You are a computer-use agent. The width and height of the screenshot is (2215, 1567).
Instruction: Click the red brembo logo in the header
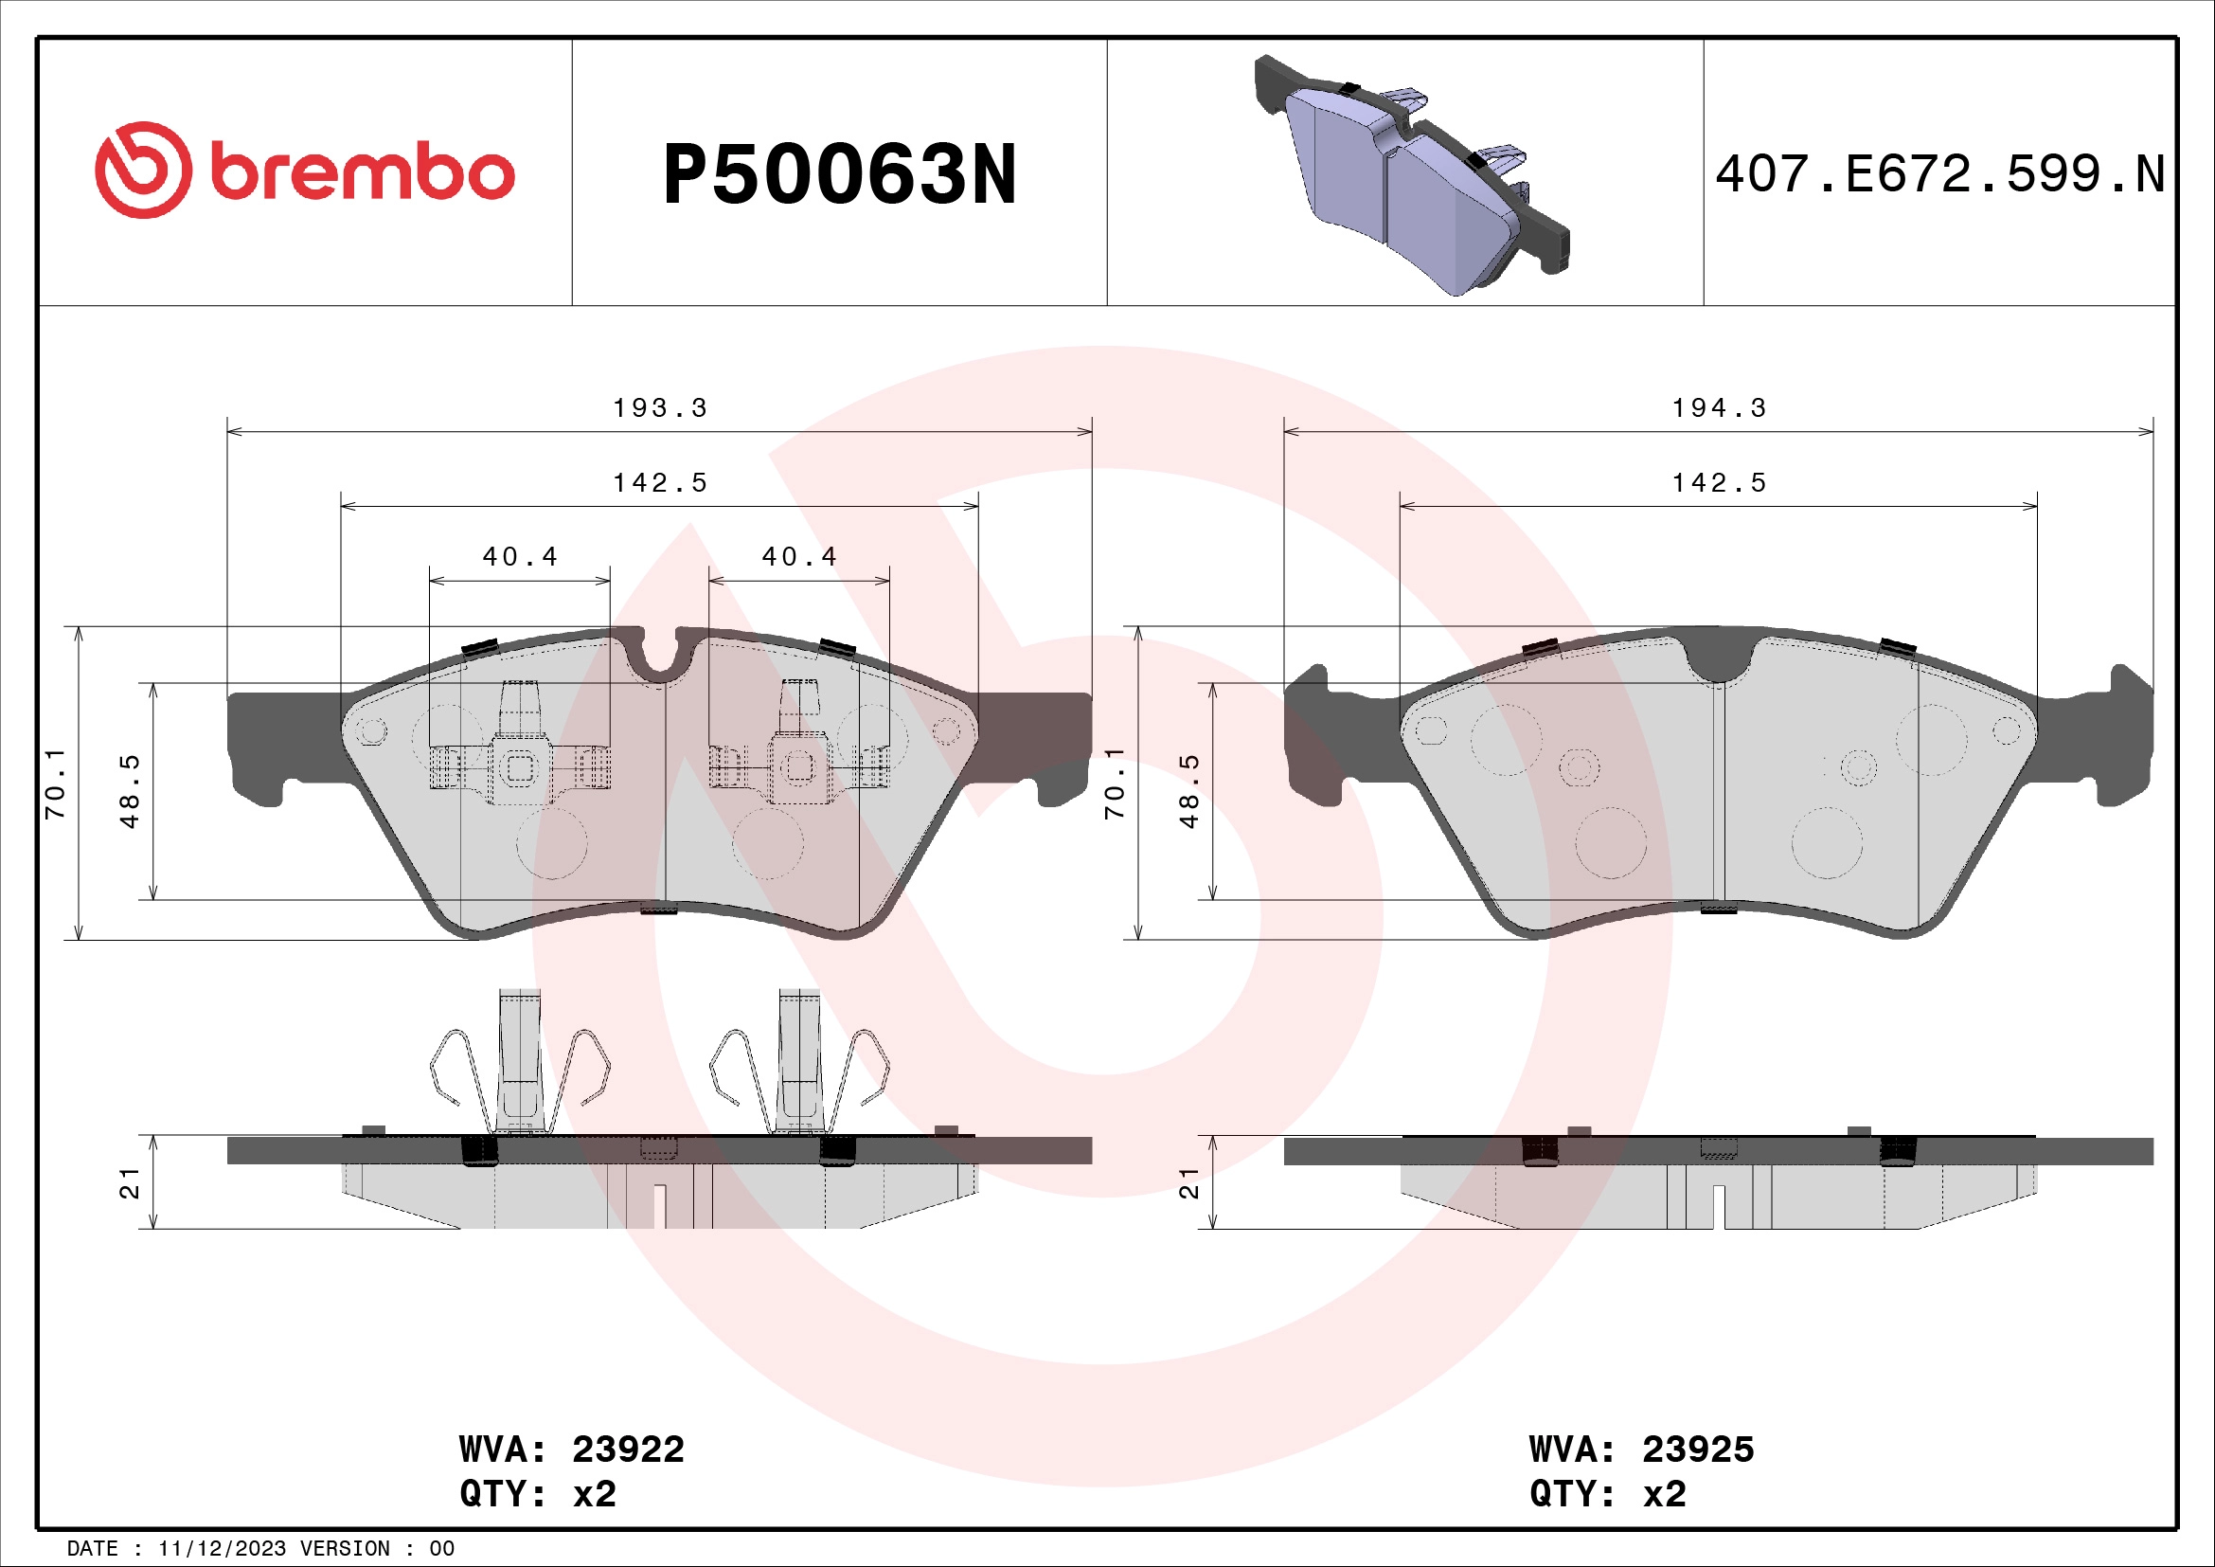pos(304,171)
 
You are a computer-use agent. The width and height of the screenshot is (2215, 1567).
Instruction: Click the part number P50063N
pos(839,174)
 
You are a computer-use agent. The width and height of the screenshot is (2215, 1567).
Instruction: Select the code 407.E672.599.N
pos(1939,174)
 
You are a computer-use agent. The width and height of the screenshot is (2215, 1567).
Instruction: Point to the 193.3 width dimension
pos(660,408)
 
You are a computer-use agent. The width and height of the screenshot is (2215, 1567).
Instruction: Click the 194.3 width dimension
pos(1718,408)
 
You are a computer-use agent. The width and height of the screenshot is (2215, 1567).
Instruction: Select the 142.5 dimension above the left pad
pos(660,482)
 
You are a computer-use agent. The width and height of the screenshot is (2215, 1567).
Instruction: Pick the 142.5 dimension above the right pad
pos(1718,482)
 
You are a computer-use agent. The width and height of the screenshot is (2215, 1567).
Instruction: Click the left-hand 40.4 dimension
pos(520,557)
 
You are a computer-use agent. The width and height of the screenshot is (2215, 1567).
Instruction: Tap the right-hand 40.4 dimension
pos(799,557)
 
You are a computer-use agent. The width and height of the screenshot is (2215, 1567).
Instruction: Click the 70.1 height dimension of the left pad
pos(55,783)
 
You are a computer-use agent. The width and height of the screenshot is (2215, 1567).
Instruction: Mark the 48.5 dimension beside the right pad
pos(1189,791)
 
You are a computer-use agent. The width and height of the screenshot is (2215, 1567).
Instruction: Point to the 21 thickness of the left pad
pos(130,1183)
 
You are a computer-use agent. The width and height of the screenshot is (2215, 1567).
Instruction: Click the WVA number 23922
pos(627,1450)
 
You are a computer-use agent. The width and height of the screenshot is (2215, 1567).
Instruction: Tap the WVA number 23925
pos(1697,1450)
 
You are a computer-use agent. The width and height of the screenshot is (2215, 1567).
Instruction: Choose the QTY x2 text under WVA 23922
pos(537,1494)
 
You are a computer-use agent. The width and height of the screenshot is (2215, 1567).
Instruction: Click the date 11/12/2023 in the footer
pos(222,1549)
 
